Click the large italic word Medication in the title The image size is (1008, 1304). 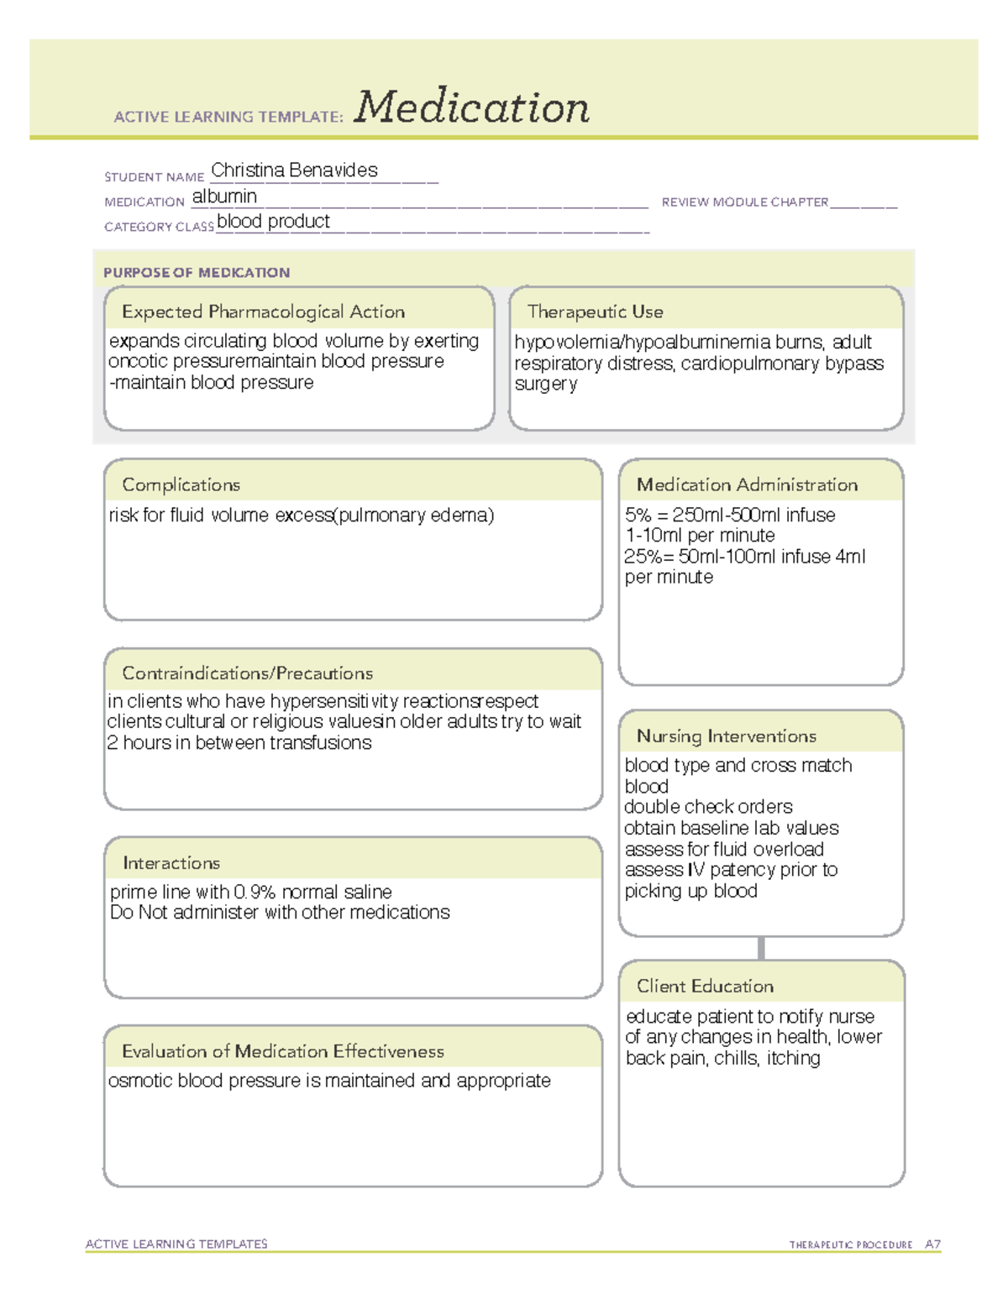point(471,107)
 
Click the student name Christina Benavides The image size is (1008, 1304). point(294,170)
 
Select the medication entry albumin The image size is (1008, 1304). point(224,196)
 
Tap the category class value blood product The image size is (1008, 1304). point(273,222)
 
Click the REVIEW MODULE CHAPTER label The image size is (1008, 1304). point(744,202)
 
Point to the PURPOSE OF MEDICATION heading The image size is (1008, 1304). point(197,273)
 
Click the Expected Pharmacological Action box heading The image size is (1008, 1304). point(263,312)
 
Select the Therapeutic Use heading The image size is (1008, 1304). point(595,312)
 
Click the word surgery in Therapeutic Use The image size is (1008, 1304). point(546,385)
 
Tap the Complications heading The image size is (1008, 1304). point(181,484)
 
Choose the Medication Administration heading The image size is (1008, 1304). point(747,484)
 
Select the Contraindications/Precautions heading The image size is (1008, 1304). point(247,673)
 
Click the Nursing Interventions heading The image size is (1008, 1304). point(726,736)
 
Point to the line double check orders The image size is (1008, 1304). point(708,807)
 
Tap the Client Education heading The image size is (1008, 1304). point(705,986)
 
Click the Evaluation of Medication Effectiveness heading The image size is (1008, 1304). point(282,1051)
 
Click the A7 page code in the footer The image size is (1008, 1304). point(932,1244)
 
